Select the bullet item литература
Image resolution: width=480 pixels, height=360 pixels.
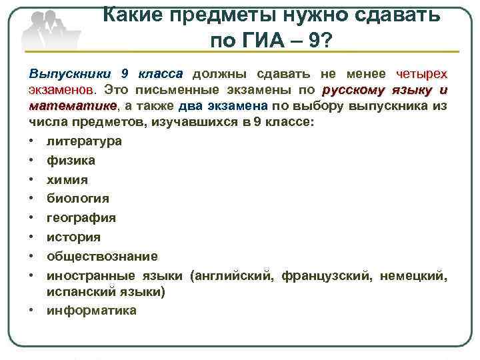pyautogui.click(x=84, y=141)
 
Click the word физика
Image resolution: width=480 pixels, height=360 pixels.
pyautogui.click(x=71, y=161)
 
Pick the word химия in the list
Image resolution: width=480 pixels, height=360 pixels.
pyautogui.click(x=67, y=180)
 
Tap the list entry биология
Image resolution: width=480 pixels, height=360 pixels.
pyautogui.click(x=78, y=199)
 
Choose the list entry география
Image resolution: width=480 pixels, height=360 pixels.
pyautogui.click(x=81, y=218)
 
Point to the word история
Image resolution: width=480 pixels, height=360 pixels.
pyautogui.click(x=73, y=237)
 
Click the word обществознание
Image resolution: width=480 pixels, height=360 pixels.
pyautogui.click(x=102, y=257)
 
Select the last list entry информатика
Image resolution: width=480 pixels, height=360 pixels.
pyautogui.click(x=91, y=310)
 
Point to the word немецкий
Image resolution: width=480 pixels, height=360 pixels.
pyautogui.click(x=413, y=275)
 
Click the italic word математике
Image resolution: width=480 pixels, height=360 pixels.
pyautogui.click(x=73, y=106)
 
